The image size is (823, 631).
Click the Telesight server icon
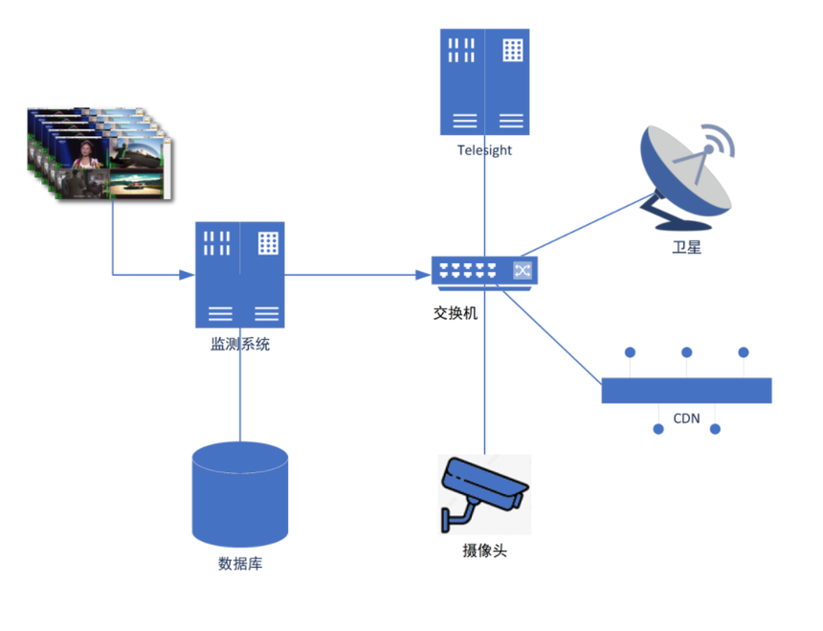(484, 81)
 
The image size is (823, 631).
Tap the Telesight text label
(484, 150)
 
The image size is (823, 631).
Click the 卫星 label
(686, 248)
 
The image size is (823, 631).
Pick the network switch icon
(484, 271)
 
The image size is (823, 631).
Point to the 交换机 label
(456, 312)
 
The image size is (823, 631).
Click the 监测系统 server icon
(239, 275)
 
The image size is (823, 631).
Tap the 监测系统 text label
(240, 344)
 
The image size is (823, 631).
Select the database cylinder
(240, 493)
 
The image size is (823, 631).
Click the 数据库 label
(240, 563)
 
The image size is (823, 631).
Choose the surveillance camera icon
(484, 494)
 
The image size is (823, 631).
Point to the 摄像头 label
(484, 551)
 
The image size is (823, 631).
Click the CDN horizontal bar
(686, 391)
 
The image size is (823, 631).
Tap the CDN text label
(686, 418)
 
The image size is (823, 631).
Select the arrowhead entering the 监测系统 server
(189, 276)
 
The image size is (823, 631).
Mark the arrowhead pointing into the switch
(424, 276)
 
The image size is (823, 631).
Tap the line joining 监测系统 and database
(240, 383)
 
